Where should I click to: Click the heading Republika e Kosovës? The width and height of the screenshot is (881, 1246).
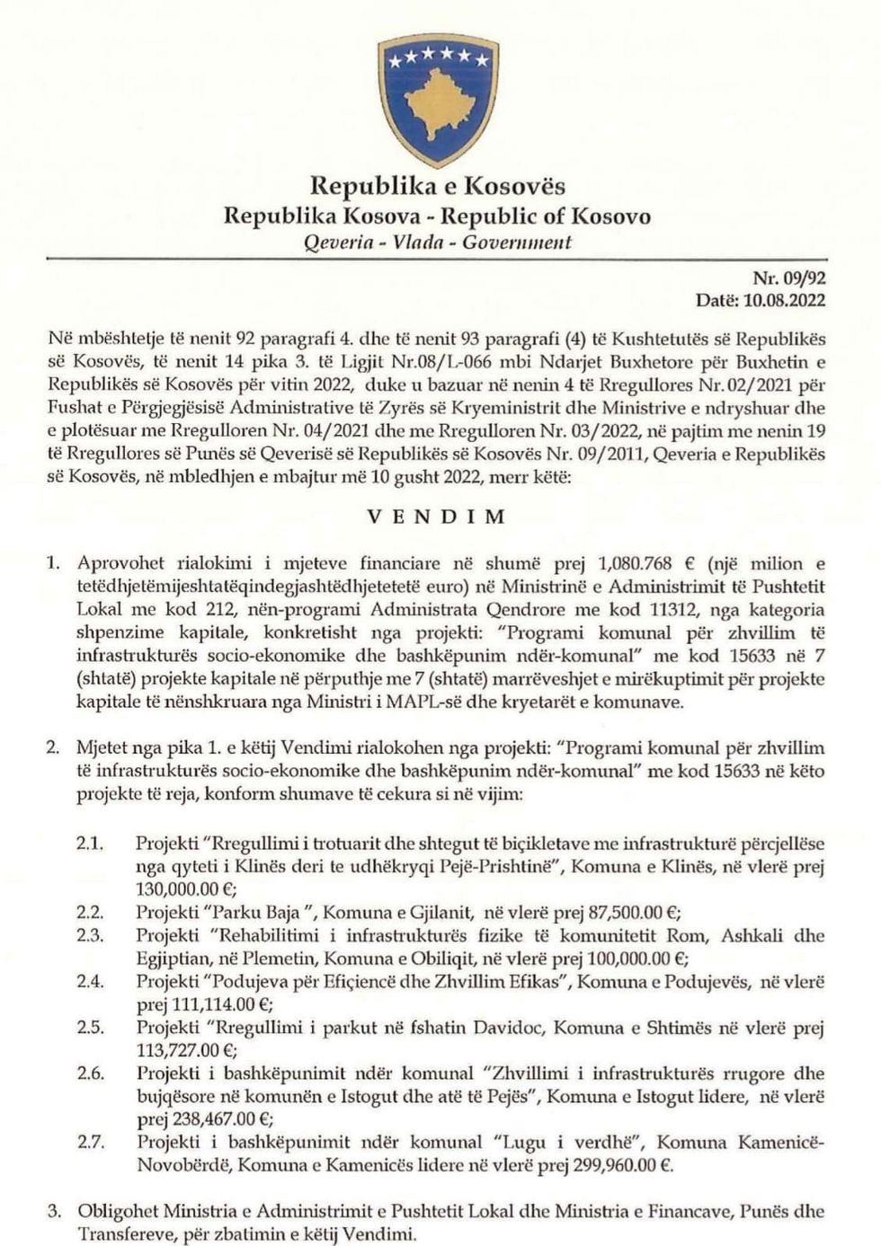click(438, 186)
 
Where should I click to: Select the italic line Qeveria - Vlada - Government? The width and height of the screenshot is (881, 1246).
click(438, 242)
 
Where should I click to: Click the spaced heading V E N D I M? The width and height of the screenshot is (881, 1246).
click(438, 517)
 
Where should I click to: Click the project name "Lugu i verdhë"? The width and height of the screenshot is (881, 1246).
click(558, 1143)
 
